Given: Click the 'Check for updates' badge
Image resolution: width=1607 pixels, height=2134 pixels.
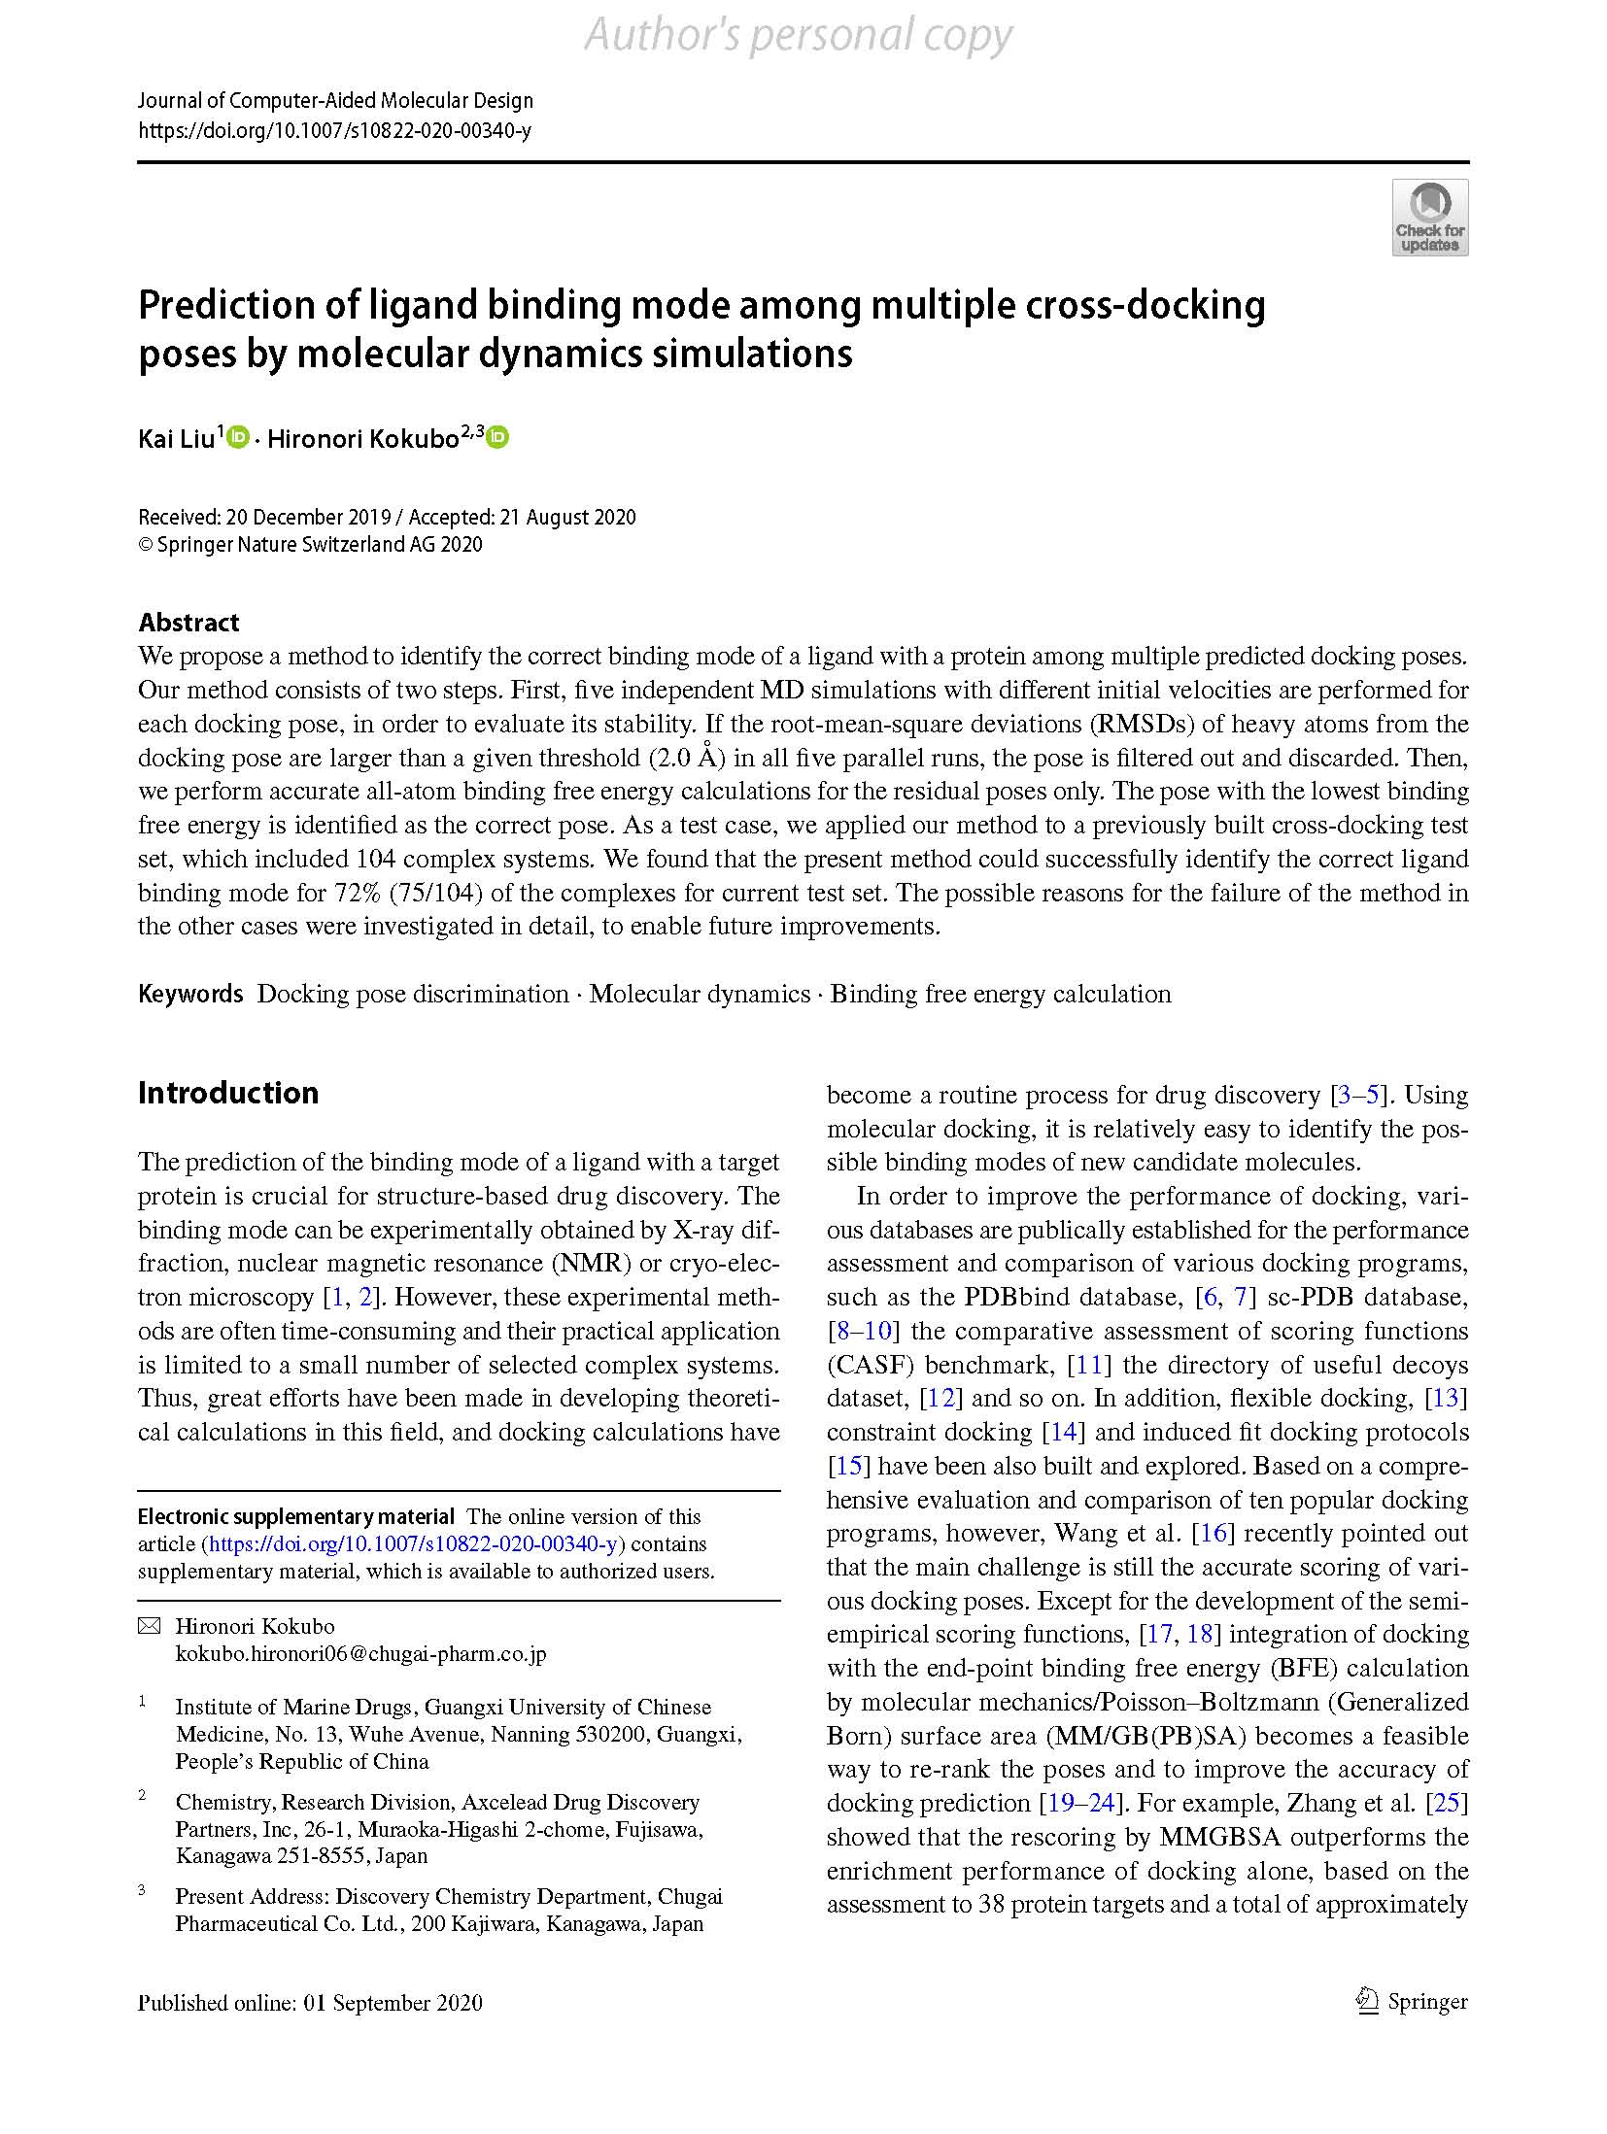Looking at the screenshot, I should click(x=1429, y=218).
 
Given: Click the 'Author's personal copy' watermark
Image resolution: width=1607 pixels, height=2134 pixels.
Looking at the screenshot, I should click(x=799, y=36).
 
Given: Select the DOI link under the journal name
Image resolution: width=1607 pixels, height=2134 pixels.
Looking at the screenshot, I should click(x=334, y=130).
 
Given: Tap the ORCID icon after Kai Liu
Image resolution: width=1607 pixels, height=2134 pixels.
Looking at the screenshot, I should click(x=238, y=437).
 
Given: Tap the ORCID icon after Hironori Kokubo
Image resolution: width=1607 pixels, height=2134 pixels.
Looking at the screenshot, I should click(x=497, y=437).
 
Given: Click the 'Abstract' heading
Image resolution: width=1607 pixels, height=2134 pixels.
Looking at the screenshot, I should click(x=188, y=622).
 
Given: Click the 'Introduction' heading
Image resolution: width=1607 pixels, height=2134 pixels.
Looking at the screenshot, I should click(x=228, y=1093).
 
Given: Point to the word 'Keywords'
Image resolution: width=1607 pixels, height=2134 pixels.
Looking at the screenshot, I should click(x=190, y=994).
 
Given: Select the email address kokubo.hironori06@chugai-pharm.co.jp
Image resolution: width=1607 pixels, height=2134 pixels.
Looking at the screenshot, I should click(x=360, y=1653).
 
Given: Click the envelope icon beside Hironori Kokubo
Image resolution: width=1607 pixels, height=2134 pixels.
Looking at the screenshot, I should click(x=149, y=1626).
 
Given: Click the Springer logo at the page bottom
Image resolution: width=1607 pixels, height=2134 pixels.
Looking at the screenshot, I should click(x=1412, y=2002).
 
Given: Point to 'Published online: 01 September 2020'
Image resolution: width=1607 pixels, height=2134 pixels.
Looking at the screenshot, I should click(x=310, y=2003).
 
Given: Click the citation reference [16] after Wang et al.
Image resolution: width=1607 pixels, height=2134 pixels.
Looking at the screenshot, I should click(x=1214, y=1533).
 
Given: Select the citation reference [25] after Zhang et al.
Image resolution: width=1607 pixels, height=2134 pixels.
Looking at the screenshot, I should click(x=1447, y=1803).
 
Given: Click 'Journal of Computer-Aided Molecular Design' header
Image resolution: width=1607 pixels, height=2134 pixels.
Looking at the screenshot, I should click(x=335, y=100).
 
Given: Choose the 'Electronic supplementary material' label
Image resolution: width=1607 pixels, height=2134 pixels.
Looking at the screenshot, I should click(x=295, y=1516).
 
